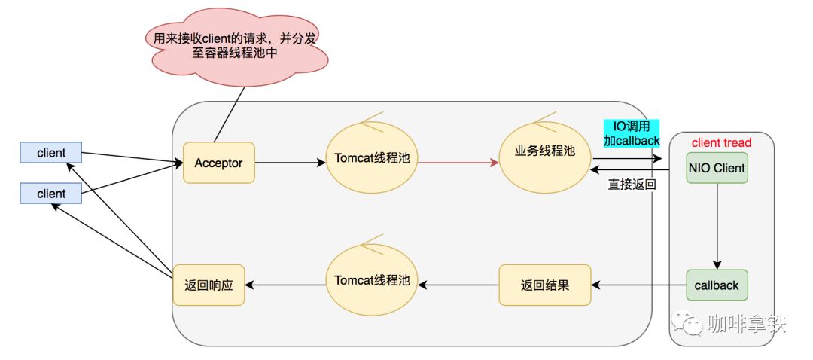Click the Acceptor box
[219, 163]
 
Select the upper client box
[51, 152]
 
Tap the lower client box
[51, 194]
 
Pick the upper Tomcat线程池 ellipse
[372, 157]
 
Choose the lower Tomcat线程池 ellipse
[372, 280]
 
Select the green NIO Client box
[717, 167]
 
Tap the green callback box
[717, 285]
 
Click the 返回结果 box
[544, 285]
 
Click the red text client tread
[721, 142]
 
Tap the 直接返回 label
[632, 185]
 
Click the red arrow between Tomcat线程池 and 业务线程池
[458, 163]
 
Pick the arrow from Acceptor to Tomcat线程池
[291, 163]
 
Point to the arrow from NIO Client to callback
[717, 226]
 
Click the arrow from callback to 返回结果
[639, 285]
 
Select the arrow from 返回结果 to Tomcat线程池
[458, 285]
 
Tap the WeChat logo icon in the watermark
[688, 322]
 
